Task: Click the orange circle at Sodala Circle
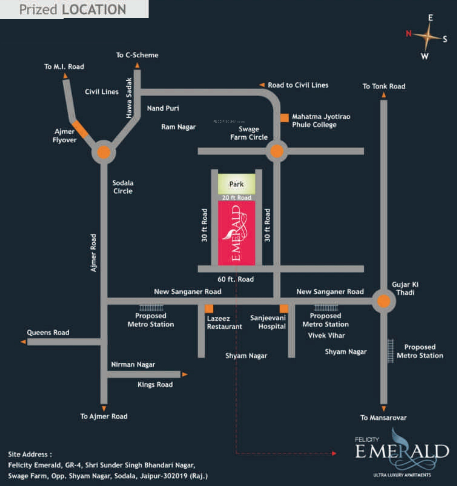point(104,152)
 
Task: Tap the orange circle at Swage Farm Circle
point(277,151)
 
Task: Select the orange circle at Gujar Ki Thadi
point(384,301)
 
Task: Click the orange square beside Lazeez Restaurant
point(209,309)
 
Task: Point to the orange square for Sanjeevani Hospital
point(284,308)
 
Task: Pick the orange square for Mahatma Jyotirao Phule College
point(284,118)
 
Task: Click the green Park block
point(236,184)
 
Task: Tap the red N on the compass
point(409,33)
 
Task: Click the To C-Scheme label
point(137,55)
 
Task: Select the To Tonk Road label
point(384,86)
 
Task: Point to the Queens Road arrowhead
point(23,342)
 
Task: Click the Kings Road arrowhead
point(185,374)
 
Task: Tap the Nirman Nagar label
point(133,364)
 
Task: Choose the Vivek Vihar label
point(326,336)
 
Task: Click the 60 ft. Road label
point(235,279)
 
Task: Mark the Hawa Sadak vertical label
point(129,98)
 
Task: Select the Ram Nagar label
point(178,127)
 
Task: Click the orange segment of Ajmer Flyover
point(80,129)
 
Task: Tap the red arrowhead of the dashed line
point(334,453)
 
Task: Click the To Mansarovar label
point(383,418)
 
